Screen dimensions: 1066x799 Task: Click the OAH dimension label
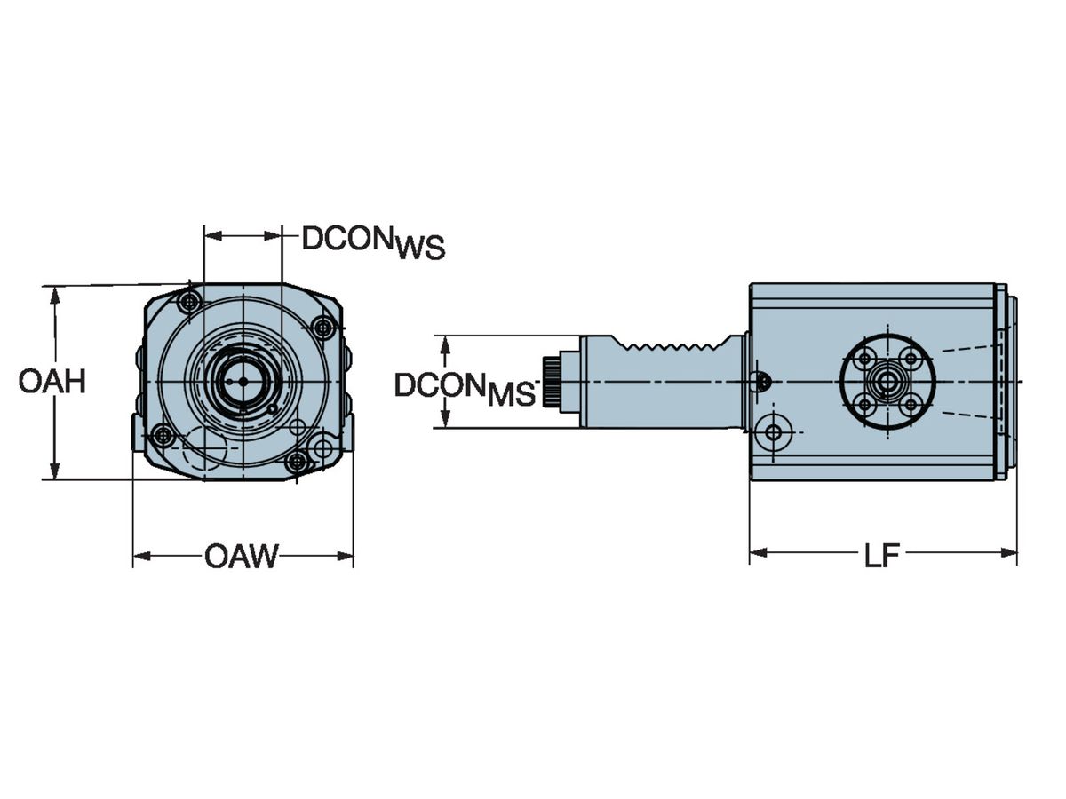52,382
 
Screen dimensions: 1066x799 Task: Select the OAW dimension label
242,557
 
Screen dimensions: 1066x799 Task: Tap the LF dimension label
882,556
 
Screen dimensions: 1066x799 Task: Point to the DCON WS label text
373,242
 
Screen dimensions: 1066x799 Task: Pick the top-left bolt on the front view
189,303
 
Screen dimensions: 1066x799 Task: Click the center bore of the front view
243,382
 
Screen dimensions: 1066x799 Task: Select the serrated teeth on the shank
673,346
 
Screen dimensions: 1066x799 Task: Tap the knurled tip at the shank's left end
551,382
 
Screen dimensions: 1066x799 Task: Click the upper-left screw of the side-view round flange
865,359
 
